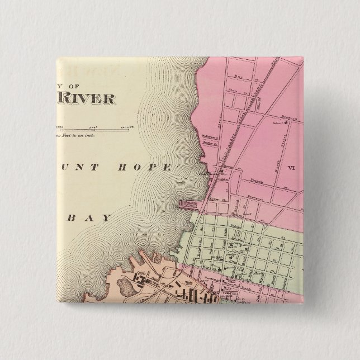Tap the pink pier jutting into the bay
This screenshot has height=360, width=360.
coord(186,205)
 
